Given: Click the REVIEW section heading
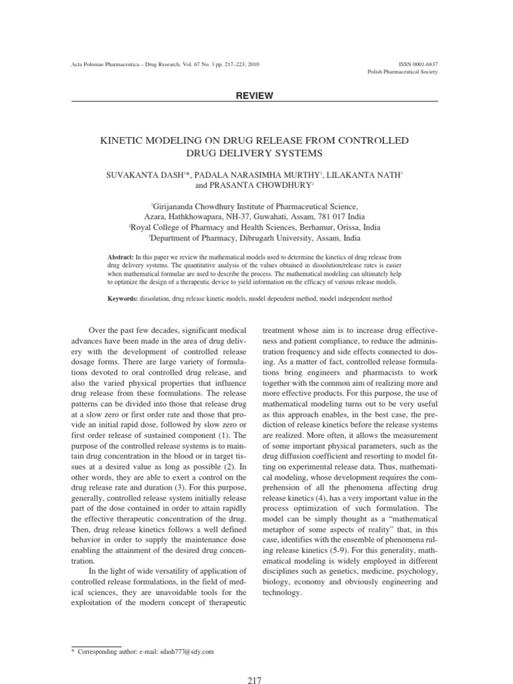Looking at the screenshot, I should (x=254, y=96).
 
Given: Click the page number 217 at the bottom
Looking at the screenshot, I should (x=254, y=680).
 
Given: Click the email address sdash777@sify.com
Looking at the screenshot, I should (x=182, y=651).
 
